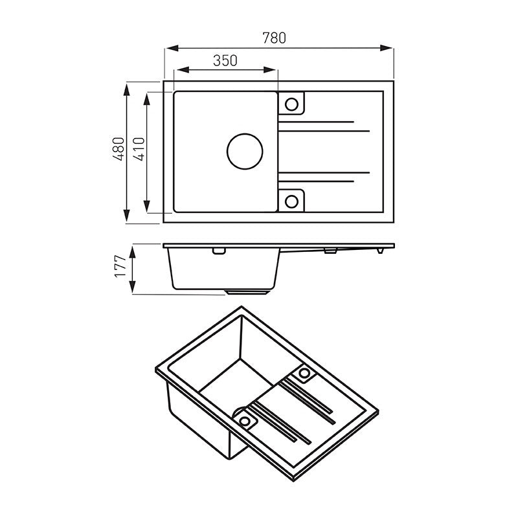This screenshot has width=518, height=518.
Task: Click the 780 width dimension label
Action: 274,38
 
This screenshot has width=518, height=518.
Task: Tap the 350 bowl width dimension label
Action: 225,60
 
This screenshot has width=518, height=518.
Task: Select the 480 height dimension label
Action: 118,149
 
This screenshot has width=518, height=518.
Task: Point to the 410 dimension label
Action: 139,149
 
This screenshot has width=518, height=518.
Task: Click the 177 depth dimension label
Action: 120,266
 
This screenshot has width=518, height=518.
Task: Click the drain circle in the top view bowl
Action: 245,152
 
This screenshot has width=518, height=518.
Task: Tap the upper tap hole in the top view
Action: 291,104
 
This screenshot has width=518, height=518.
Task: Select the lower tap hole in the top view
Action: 291,201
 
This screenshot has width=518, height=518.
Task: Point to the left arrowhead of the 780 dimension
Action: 172,48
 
